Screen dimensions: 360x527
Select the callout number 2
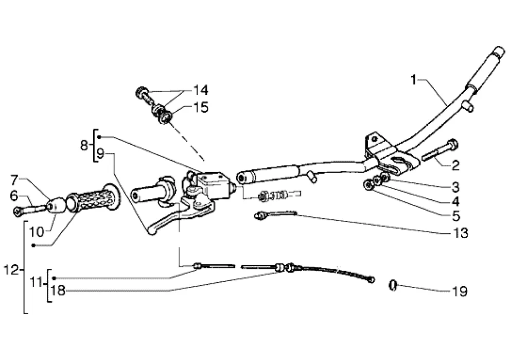coord(456,165)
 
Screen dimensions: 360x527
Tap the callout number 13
coord(461,233)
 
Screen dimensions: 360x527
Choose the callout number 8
coord(84,145)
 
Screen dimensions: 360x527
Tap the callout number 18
coord(58,291)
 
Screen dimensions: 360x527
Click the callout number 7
coord(15,180)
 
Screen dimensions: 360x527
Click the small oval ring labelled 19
coord(392,284)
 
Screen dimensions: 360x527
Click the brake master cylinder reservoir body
coord(212,184)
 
